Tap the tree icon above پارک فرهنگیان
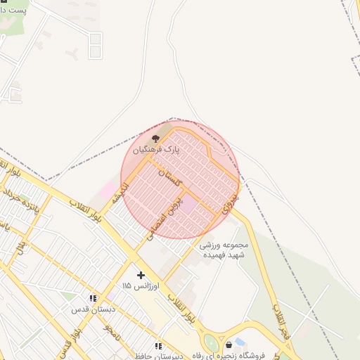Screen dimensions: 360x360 [156, 139]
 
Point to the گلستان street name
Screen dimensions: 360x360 [169, 177]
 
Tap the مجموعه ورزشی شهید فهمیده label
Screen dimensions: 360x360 [224, 250]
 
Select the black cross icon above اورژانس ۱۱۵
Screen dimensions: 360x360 [141, 274]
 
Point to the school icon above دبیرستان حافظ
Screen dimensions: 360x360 [158, 346]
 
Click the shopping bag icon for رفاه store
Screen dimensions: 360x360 [229, 345]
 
